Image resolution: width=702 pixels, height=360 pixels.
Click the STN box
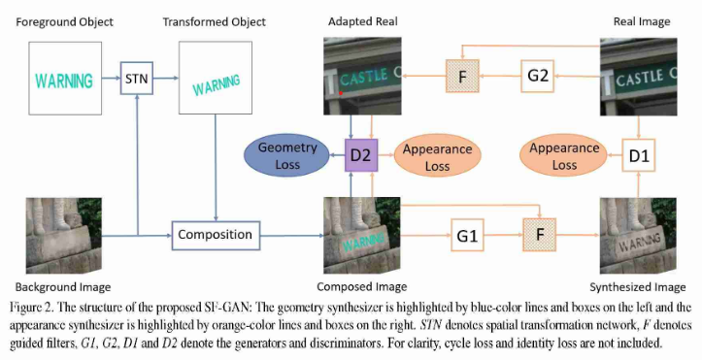pyautogui.click(x=138, y=78)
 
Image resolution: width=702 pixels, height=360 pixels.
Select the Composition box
pyautogui.click(x=216, y=234)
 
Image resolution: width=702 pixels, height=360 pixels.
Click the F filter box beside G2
pyautogui.click(x=462, y=74)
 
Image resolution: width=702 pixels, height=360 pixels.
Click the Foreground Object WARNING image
pyautogui.click(x=63, y=80)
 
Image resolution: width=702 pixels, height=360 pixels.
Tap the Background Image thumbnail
pyautogui.click(x=63, y=236)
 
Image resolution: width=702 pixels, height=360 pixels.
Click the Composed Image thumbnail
pyautogui.click(x=361, y=235)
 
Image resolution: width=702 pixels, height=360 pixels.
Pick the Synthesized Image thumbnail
pyautogui.click(x=638, y=236)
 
